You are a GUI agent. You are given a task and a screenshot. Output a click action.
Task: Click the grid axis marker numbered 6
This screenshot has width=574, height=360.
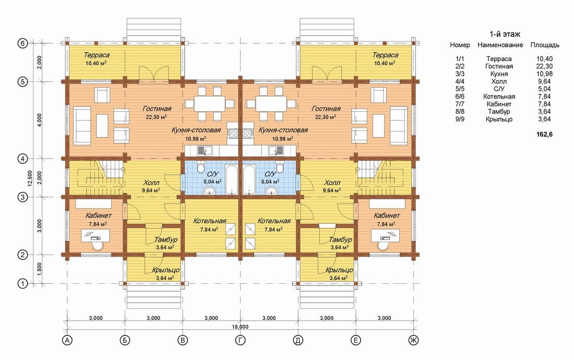pyautogui.click(x=22, y=43)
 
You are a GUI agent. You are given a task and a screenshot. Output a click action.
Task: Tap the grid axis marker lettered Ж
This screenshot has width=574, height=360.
pyautogui.click(x=413, y=340)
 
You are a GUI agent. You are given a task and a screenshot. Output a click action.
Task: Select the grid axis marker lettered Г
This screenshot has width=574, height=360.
pyautogui.click(x=240, y=340)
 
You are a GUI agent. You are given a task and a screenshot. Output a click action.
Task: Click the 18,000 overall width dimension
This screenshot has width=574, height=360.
pyautogui.click(x=240, y=327)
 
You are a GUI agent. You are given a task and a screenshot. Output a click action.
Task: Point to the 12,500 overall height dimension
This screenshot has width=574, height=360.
pyautogui.click(x=30, y=178)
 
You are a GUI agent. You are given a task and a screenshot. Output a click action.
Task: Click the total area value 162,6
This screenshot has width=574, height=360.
pyautogui.click(x=544, y=134)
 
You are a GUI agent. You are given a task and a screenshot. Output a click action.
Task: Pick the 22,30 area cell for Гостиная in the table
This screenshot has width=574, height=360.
pyautogui.click(x=544, y=66)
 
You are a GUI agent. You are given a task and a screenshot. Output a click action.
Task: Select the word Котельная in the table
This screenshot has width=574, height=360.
pyautogui.click(x=499, y=97)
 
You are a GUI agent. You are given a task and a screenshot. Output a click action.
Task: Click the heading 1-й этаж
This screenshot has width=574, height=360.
pyautogui.click(x=505, y=34)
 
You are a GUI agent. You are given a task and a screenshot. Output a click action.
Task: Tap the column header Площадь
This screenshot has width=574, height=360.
pyautogui.click(x=545, y=45)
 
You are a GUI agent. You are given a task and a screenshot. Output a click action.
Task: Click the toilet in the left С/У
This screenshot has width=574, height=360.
pyautogui.click(x=200, y=167)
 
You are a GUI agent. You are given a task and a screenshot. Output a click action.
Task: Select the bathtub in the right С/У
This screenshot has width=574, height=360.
pyautogui.click(x=249, y=179)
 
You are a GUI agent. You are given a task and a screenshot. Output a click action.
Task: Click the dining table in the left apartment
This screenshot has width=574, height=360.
pyautogui.click(x=209, y=103)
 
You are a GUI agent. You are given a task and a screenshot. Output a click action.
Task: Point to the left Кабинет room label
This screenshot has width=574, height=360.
pyautogui.click(x=99, y=215)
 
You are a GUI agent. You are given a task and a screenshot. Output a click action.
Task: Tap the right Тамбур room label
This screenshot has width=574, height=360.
pyautogui.click(x=340, y=239)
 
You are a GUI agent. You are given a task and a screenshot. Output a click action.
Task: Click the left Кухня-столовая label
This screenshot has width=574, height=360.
pyautogui.click(x=196, y=130)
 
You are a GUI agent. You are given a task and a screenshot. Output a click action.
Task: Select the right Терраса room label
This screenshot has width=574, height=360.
pyautogui.click(x=385, y=55)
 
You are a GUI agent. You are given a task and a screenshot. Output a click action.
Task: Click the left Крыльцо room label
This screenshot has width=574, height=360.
pyautogui.click(x=166, y=270)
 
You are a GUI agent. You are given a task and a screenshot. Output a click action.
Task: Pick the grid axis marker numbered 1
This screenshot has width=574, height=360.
pyautogui.click(x=22, y=283)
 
